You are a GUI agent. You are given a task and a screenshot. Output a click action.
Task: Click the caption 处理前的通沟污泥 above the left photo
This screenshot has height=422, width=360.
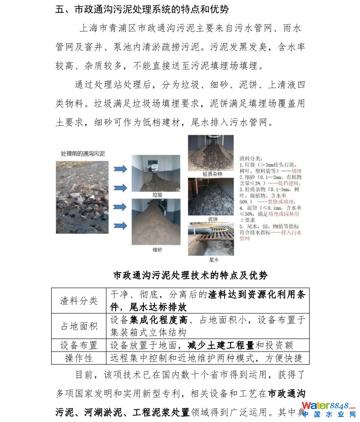83,154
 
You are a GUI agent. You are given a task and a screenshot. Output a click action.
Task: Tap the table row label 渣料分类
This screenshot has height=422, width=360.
79,300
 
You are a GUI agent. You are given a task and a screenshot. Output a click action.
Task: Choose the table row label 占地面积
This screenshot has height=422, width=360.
79,326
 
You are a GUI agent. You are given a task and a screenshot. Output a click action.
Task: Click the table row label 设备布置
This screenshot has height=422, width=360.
79,345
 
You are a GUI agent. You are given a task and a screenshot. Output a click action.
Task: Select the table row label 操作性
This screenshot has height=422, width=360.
79,358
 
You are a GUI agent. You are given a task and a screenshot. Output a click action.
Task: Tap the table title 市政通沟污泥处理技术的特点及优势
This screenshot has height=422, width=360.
190,276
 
